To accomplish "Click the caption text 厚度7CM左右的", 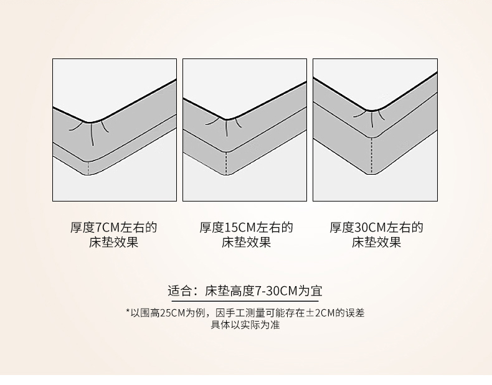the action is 113,228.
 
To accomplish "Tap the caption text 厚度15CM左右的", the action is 246,228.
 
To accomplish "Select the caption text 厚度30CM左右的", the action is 376,228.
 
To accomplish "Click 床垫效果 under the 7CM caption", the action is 113,242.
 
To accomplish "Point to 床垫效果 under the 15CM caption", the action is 246,242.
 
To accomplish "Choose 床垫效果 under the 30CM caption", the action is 376,242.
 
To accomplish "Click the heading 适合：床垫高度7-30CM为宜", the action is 245,290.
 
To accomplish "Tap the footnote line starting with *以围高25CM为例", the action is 245,313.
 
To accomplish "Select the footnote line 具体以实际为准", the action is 245,325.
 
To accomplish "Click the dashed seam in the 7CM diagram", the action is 88,168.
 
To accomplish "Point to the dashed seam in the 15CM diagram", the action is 226,163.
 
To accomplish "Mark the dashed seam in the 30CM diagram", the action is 372,155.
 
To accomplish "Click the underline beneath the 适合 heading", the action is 242,301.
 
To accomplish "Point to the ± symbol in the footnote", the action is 310,313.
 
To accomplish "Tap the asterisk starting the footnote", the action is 128,312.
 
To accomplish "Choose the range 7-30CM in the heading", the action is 275,291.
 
